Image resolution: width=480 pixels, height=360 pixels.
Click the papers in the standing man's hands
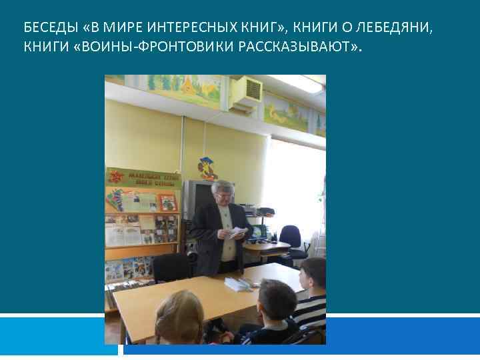click(x=237, y=233)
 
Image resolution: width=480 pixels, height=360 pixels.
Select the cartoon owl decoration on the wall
click(x=209, y=168)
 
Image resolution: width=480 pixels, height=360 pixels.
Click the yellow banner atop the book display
click(x=143, y=179)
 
